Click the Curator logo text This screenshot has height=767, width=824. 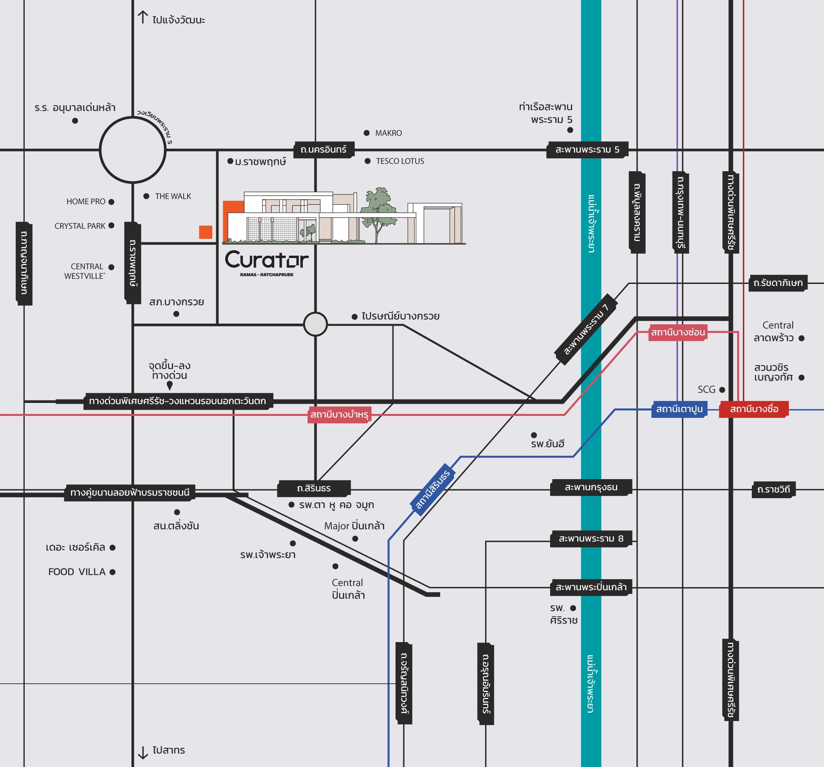[267, 260]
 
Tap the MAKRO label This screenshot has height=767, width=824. [388, 133]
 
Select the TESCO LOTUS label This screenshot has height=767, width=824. [400, 161]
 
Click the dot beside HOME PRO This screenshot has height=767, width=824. [111, 202]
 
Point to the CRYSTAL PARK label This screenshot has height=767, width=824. [80, 226]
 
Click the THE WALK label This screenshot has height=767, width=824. [173, 196]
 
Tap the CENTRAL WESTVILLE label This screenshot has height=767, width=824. [85, 271]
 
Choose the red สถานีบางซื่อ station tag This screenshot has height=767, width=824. [754, 409]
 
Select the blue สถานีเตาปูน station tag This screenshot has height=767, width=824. [679, 409]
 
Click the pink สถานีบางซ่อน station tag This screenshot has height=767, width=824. [678, 332]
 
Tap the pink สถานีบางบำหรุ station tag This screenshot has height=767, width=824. [339, 414]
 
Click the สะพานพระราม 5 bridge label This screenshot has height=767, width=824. [587, 149]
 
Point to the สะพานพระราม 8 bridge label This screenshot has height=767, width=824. [591, 539]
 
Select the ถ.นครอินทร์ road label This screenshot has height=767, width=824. [324, 149]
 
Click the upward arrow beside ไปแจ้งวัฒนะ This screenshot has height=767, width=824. [143, 17]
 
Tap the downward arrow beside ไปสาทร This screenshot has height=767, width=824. [143, 752]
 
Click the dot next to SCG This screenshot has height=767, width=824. [722, 390]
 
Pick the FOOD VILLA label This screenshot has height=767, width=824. [77, 572]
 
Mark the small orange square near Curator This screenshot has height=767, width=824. [206, 232]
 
